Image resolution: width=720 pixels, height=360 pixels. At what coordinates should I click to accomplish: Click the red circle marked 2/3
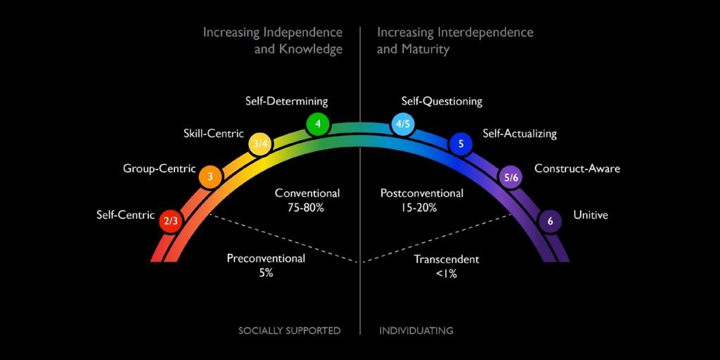(x=171, y=221)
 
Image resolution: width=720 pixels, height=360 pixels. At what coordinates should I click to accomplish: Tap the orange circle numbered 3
(x=210, y=177)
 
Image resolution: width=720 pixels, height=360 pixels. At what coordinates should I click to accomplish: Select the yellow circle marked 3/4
(x=260, y=144)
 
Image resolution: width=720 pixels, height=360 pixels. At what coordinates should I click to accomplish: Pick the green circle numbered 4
(x=318, y=125)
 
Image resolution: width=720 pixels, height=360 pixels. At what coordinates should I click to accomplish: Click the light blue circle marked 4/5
(x=404, y=125)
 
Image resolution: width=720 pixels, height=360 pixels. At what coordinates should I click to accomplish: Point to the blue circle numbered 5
(x=461, y=144)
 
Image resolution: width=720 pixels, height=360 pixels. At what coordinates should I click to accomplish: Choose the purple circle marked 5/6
(x=511, y=178)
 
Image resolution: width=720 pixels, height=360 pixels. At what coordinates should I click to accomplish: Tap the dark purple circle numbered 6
(x=550, y=221)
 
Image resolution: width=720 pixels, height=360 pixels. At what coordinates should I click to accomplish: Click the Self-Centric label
(x=125, y=215)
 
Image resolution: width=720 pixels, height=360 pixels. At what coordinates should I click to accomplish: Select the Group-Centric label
(x=159, y=169)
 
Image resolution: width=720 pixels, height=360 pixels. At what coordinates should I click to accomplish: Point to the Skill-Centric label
(x=213, y=133)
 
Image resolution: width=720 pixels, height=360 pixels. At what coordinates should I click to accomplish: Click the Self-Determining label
(x=286, y=101)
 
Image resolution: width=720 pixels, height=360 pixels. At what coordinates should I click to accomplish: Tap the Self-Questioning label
(x=442, y=101)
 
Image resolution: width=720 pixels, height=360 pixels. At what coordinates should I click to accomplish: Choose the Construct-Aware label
(x=577, y=169)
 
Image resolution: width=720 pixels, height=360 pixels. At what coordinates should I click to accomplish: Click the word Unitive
(x=591, y=215)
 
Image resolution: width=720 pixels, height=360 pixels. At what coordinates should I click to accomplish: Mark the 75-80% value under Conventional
(x=307, y=207)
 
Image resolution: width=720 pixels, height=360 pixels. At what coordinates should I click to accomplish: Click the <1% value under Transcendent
(x=446, y=274)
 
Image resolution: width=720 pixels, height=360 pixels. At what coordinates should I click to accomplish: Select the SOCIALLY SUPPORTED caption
(x=289, y=330)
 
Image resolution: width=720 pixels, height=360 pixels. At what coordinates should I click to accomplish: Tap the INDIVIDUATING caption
(x=416, y=330)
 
